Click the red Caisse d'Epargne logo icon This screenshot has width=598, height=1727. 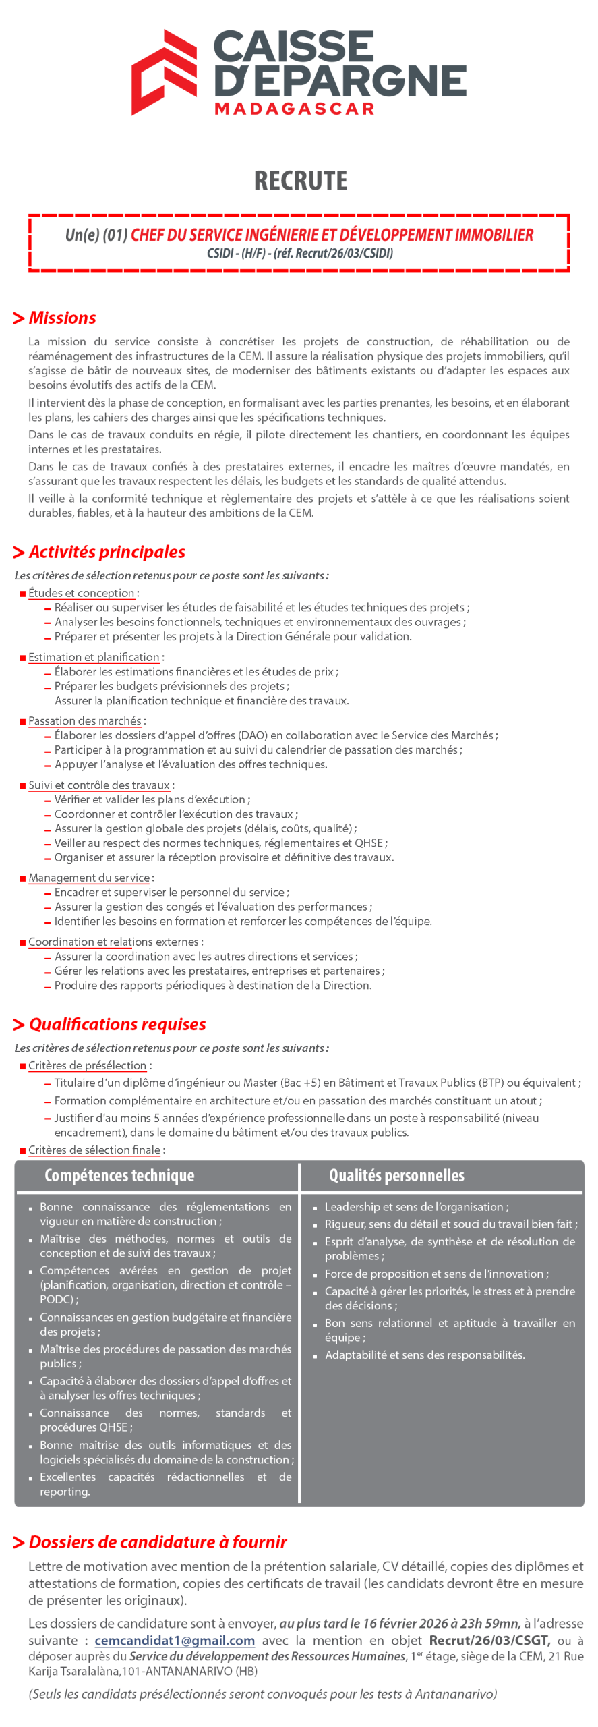click(x=164, y=72)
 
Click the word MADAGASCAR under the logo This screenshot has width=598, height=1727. click(x=294, y=109)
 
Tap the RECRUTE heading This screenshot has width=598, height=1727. click(x=301, y=181)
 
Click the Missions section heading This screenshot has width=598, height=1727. click(x=62, y=318)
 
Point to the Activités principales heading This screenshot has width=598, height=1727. click(x=107, y=552)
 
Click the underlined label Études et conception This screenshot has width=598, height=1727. click(x=82, y=593)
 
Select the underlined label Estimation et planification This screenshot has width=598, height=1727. click(x=94, y=657)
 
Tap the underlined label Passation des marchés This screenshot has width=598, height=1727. click(x=85, y=721)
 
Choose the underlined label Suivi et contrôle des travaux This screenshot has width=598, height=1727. click(x=99, y=785)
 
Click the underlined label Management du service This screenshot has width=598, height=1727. click(x=89, y=878)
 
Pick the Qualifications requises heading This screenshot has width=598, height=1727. click(x=117, y=1024)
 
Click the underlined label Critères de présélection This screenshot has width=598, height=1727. click(x=87, y=1065)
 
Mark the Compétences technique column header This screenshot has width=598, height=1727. click(x=119, y=1176)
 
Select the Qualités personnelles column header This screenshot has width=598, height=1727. click(x=396, y=1176)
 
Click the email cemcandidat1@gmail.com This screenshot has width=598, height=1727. click(x=175, y=1641)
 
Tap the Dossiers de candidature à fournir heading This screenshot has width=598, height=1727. click(x=158, y=1542)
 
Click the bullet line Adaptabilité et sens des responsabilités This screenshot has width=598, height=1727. click(x=425, y=1355)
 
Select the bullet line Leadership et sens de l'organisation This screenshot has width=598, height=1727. click(x=417, y=1207)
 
